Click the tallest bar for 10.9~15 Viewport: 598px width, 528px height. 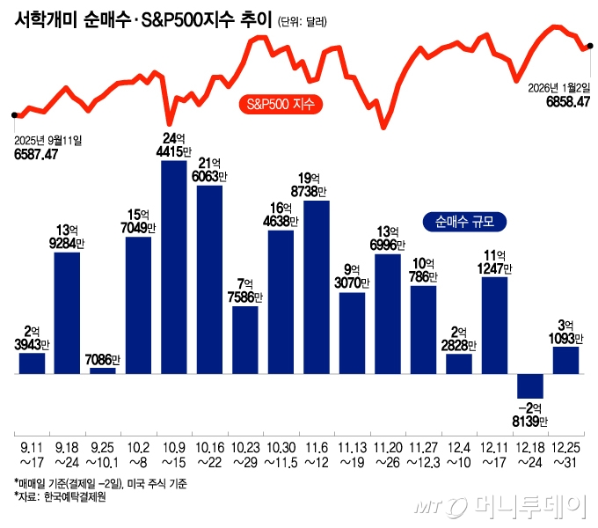pos(174,267)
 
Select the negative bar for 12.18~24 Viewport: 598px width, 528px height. pos(530,386)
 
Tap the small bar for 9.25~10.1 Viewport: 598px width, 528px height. pos(103,370)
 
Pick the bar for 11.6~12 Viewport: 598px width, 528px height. pos(317,287)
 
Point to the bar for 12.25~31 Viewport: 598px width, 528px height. pos(565,360)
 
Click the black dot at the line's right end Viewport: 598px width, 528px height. pos(589,46)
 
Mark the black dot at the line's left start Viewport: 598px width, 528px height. pos(14,114)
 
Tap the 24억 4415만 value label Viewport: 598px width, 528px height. pos(173,144)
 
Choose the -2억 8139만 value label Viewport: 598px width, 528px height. pos(530,414)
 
